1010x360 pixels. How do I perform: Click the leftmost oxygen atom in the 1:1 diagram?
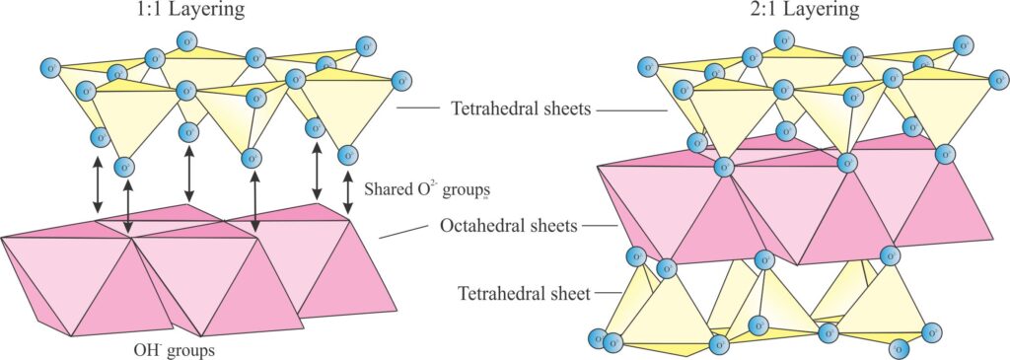point(48,68)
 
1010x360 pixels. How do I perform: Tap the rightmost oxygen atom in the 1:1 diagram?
point(400,80)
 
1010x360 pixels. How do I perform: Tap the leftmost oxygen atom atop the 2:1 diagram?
point(647,67)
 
